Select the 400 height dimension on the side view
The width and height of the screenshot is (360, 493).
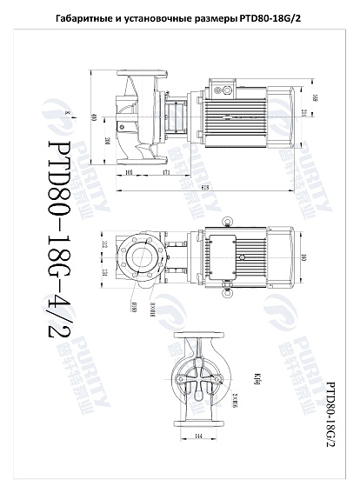point(92,117)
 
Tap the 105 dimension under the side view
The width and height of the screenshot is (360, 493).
point(130,174)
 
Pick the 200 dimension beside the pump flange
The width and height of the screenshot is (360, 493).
point(107,141)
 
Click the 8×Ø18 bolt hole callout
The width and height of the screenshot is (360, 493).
point(153,307)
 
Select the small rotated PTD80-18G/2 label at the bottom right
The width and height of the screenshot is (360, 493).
point(330,412)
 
